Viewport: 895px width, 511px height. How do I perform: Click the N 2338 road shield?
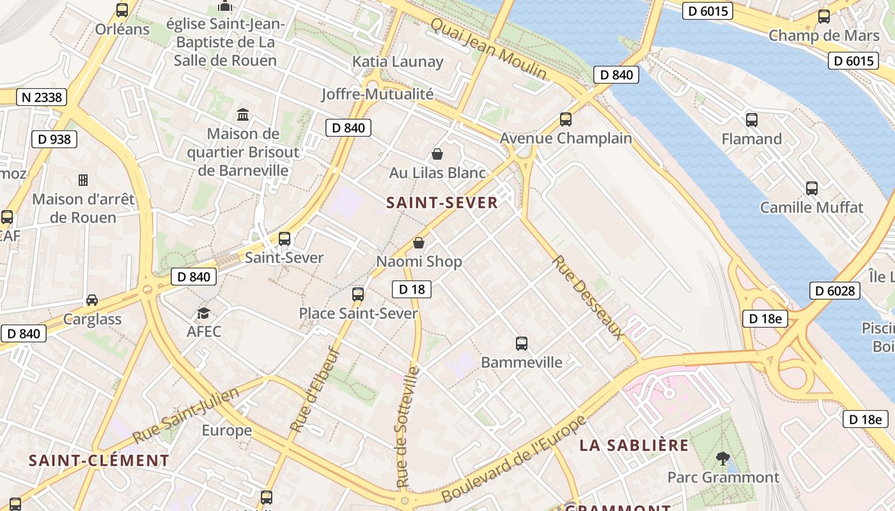tap(42, 97)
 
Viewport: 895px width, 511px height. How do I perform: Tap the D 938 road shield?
tap(54, 139)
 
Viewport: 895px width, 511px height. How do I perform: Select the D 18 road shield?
tap(412, 289)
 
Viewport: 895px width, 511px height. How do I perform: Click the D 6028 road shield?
tap(835, 291)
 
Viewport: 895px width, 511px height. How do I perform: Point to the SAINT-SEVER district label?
tap(442, 203)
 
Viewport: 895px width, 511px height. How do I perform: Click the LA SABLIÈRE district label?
tap(634, 445)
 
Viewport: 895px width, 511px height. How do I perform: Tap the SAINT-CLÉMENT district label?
tap(99, 461)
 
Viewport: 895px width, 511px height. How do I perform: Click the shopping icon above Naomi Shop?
tap(419, 243)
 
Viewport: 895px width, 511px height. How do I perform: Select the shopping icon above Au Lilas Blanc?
tap(437, 154)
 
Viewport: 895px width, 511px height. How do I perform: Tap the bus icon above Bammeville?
tap(522, 344)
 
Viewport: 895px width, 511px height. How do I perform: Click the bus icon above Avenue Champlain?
tap(565, 119)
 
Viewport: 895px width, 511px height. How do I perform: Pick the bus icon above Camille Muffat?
tap(811, 188)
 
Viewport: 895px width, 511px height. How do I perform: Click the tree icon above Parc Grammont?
tap(723, 458)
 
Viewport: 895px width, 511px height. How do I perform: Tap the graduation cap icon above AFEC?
tap(203, 313)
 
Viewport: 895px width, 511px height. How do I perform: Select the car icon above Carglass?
tap(92, 300)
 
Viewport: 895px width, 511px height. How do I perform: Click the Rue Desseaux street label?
tap(588, 297)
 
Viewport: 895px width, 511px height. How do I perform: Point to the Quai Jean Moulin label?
tap(488, 49)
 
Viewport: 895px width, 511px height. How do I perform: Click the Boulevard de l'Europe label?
tap(513, 459)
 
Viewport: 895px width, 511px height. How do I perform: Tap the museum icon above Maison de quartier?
tap(243, 115)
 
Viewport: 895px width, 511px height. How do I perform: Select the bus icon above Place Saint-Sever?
tap(358, 294)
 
